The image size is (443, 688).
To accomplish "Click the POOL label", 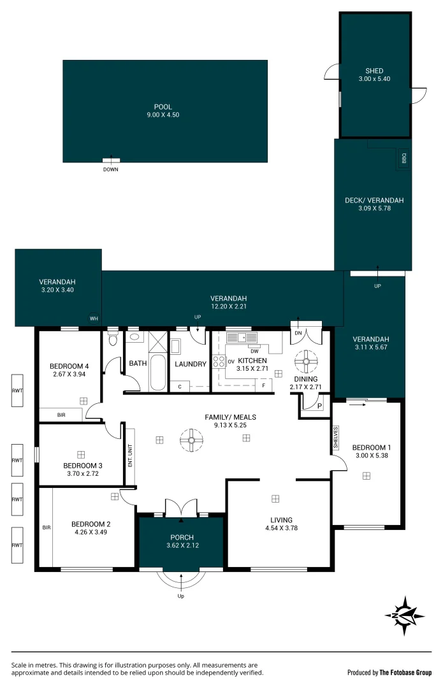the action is tap(163, 106).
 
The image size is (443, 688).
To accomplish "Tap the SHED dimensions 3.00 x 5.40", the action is tap(374, 79).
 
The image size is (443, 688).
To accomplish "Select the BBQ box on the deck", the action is tap(404, 158).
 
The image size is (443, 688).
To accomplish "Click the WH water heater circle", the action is tap(94, 319).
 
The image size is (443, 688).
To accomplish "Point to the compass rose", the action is tap(404, 615).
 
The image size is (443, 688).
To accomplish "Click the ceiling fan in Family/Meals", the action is tap(191, 440).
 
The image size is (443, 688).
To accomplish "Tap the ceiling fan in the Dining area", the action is tap(305, 362).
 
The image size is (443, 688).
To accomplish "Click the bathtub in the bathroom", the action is tap(157, 372).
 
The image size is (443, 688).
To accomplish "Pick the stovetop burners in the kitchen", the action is tap(219, 362).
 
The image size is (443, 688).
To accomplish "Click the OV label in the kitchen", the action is tap(231, 362).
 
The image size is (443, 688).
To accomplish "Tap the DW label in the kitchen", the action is tap(255, 351).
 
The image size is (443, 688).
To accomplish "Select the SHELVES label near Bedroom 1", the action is tap(336, 438).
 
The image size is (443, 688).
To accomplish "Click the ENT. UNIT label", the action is tap(130, 455).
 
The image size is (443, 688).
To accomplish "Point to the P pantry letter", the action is tap(319, 406).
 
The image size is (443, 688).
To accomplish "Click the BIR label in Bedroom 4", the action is tap(61, 415).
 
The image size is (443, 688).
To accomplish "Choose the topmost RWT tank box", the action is tap(17, 391).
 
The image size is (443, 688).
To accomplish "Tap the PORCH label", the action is tap(182, 537).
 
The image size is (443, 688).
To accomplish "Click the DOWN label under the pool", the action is tap(111, 169).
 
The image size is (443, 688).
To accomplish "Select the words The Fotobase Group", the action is tap(405, 673).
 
